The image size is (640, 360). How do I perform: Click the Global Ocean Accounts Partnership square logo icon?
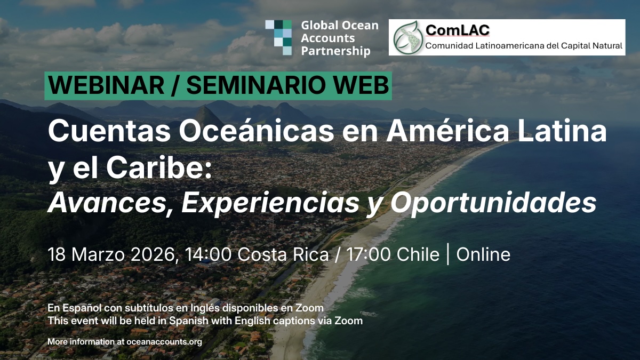pyautogui.click(x=279, y=37)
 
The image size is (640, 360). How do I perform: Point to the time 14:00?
pyautogui.click(x=209, y=254)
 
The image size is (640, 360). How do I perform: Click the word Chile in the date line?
pyautogui.click(x=418, y=254)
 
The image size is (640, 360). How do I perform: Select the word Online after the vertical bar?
pyautogui.click(x=483, y=254)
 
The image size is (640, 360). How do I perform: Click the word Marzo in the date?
pyautogui.click(x=96, y=254)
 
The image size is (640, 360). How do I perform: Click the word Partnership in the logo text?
pyautogui.click(x=335, y=52)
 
